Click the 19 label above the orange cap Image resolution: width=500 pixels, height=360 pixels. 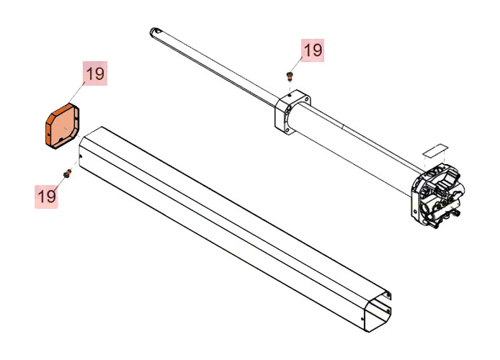tap(95, 73)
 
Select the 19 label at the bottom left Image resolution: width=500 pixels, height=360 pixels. tap(47, 195)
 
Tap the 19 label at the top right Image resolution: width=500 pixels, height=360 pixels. tap(312, 50)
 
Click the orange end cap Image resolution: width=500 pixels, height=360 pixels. tap(62, 127)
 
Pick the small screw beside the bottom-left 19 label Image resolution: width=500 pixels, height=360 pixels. tap(67, 172)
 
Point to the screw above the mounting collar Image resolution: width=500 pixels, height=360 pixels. tap(289, 74)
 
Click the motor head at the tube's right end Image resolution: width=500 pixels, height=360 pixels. tap(437, 194)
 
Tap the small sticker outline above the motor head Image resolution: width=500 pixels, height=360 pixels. tap(434, 150)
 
